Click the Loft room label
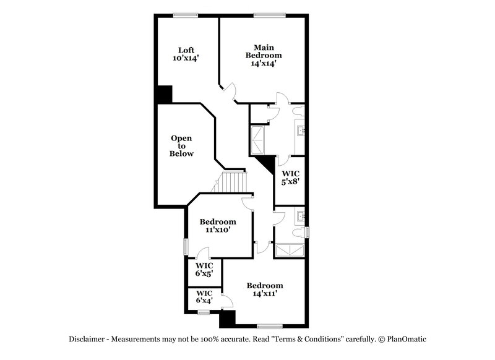click(x=186, y=54)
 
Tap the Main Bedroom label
click(x=264, y=54)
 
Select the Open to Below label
click(x=182, y=146)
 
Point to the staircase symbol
click(x=235, y=182)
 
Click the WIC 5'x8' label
click(x=290, y=178)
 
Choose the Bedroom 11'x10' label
click(x=218, y=226)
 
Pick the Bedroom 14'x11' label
click(x=265, y=289)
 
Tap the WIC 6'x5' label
click(x=204, y=270)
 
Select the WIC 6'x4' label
click(x=204, y=297)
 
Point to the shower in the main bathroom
click(x=257, y=139)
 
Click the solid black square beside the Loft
click(x=164, y=94)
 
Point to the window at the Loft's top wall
click(x=181, y=15)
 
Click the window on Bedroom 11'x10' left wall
click(x=185, y=245)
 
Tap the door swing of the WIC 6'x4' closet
click(x=228, y=301)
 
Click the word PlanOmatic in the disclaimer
click(x=407, y=339)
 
